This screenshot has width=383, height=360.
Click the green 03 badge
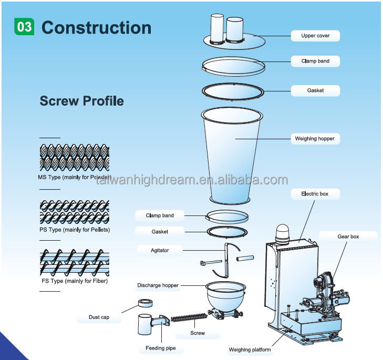(x=25, y=27)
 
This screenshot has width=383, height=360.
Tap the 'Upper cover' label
(x=315, y=36)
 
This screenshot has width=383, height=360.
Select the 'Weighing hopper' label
(x=314, y=139)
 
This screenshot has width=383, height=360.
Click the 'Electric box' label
(x=315, y=194)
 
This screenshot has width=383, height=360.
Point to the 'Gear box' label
(x=348, y=237)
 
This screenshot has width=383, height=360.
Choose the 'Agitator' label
(x=160, y=250)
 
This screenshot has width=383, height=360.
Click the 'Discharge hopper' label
(x=158, y=285)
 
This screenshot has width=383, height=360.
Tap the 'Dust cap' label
(x=99, y=317)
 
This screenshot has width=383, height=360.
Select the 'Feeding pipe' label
(x=161, y=348)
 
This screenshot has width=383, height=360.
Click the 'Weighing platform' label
(x=250, y=349)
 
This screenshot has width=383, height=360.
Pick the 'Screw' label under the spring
(x=198, y=333)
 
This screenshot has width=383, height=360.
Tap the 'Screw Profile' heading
(x=82, y=101)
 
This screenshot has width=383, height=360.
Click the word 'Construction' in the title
(x=96, y=27)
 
